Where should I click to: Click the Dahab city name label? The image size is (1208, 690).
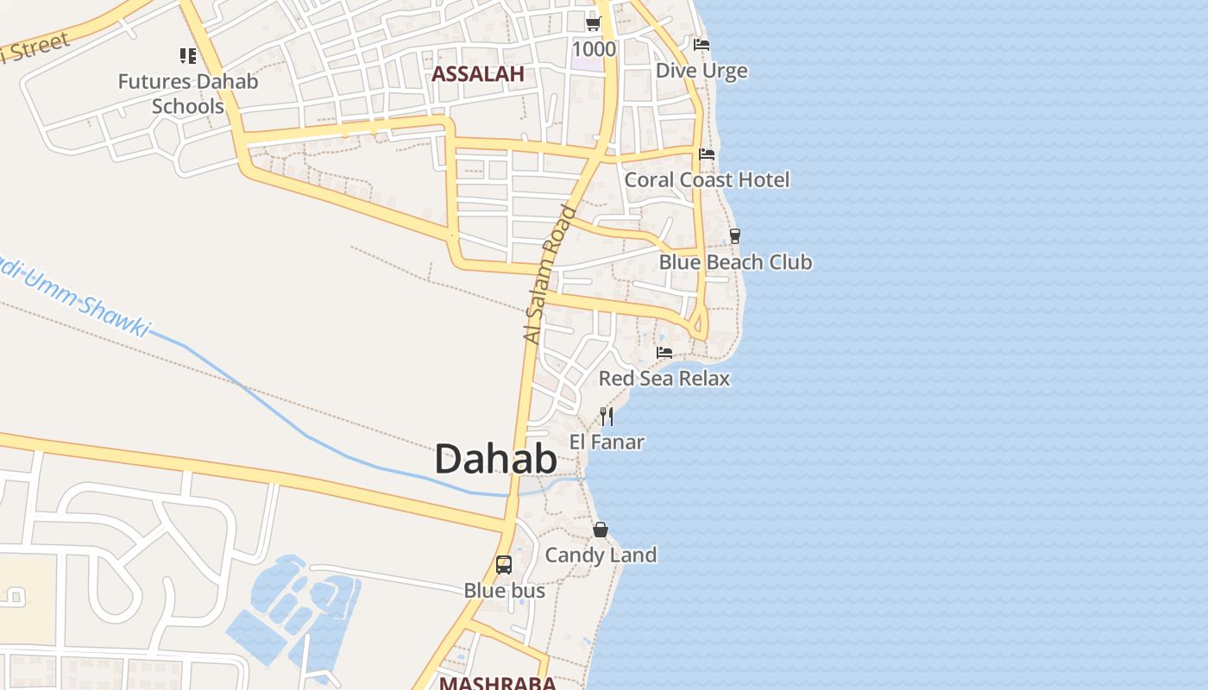(x=495, y=459)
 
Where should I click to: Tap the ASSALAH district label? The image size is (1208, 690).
(x=477, y=74)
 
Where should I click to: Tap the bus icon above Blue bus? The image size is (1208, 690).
(x=504, y=565)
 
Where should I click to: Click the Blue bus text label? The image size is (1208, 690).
(x=505, y=591)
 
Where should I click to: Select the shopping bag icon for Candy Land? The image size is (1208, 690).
(x=601, y=530)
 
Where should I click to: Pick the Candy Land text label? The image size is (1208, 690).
(x=601, y=555)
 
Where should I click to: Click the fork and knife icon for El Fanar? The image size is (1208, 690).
(x=607, y=417)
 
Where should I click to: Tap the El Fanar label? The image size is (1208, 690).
(x=607, y=442)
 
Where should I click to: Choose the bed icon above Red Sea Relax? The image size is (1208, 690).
(x=664, y=353)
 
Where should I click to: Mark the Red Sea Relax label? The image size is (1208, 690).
(x=664, y=378)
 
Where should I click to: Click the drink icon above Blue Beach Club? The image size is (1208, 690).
(x=735, y=235)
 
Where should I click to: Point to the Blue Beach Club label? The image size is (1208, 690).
(x=735, y=261)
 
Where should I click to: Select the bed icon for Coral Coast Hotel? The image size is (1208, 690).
(x=707, y=154)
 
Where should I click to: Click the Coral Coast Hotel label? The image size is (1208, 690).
(x=707, y=179)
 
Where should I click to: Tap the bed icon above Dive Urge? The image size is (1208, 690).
(x=702, y=44)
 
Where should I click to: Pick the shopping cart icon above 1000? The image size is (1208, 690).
(x=593, y=23)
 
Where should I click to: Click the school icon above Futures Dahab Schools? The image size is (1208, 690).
(x=188, y=56)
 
